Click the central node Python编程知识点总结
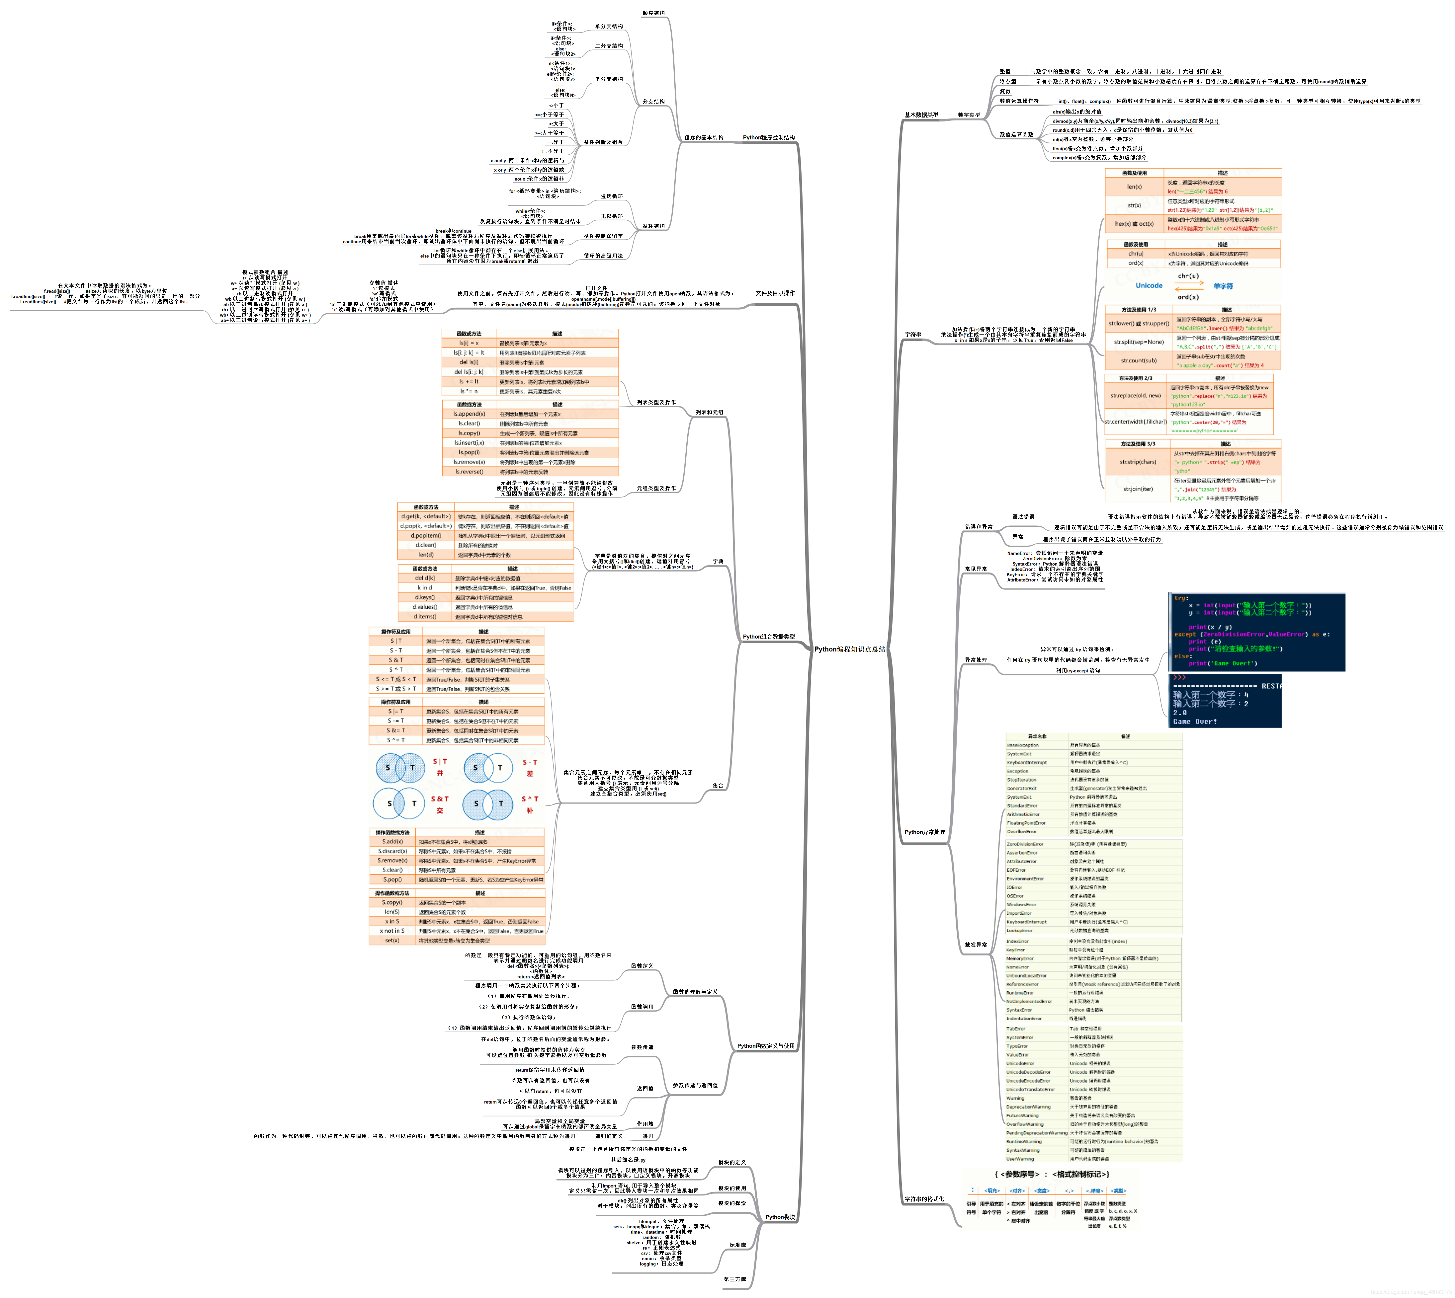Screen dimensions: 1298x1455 [849, 649]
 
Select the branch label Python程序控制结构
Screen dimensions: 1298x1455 [769, 138]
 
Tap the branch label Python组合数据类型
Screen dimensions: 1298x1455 [769, 637]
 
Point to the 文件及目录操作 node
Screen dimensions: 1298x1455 [774, 293]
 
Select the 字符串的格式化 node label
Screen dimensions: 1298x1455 [924, 1199]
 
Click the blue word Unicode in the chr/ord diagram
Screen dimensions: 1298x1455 [1149, 285]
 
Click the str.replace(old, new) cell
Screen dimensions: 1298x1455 [1135, 395]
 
